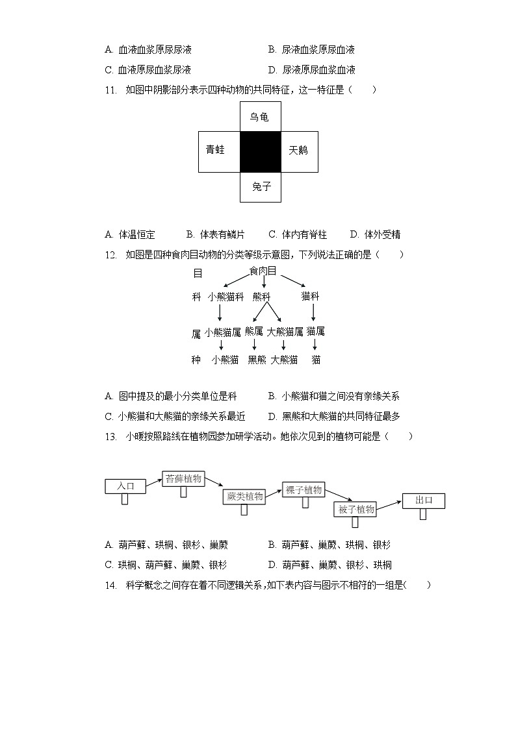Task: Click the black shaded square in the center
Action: pyautogui.click(x=260, y=152)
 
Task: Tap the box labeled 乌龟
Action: pyautogui.click(x=260, y=117)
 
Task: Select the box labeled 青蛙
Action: pyautogui.click(x=219, y=152)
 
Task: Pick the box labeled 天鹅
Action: pyautogui.click(x=299, y=152)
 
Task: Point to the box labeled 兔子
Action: pyautogui.click(x=260, y=188)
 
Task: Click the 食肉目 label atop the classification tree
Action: pyautogui.click(x=263, y=271)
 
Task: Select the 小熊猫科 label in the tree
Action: pyautogui.click(x=226, y=297)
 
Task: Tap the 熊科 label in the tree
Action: pyautogui.click(x=261, y=297)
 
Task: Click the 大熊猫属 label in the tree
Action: pyautogui.click(x=285, y=332)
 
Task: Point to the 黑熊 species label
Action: pyautogui.click(x=257, y=360)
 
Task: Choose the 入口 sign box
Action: pyautogui.click(x=125, y=486)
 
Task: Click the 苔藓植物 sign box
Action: pyautogui.click(x=184, y=479)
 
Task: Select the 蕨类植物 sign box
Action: pyautogui.click(x=244, y=497)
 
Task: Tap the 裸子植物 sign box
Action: pyautogui.click(x=303, y=490)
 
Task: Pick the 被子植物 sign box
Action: pyautogui.click(x=356, y=510)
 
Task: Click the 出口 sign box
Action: pyautogui.click(x=424, y=500)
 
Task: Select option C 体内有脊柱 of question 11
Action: pyautogui.click(x=298, y=234)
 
